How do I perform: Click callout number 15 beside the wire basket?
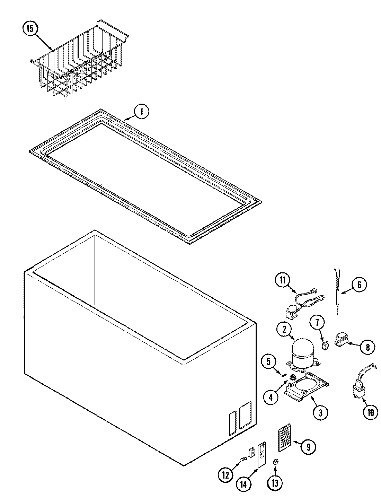tap(30, 29)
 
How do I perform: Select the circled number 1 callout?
tap(142, 112)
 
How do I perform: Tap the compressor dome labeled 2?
tap(302, 352)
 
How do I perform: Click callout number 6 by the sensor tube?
tap(359, 285)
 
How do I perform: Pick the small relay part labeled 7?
tap(325, 345)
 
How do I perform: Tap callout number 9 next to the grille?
tap(308, 447)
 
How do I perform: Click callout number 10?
tap(370, 412)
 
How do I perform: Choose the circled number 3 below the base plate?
tap(320, 413)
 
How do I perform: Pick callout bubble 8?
tap(367, 347)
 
